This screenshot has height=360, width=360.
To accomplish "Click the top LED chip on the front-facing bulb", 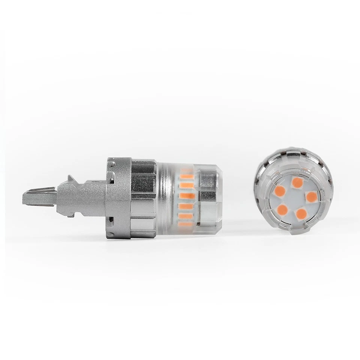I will (x=297, y=183).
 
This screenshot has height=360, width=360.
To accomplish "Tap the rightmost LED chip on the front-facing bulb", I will (x=312, y=196).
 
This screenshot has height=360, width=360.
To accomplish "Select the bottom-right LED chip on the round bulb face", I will (x=301, y=214).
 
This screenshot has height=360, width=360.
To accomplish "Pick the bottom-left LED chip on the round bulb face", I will (x=282, y=209).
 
